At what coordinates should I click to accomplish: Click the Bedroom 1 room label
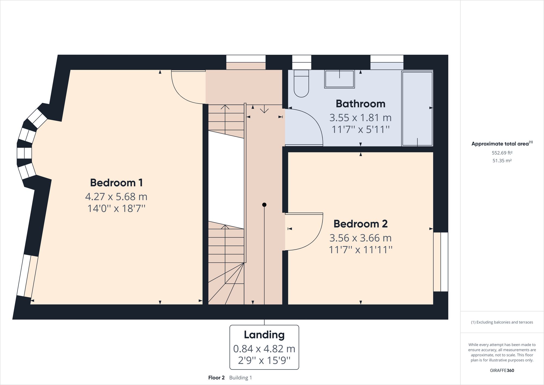click(116, 183)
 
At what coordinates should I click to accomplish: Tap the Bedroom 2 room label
click(360, 224)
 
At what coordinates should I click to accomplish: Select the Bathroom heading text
click(360, 104)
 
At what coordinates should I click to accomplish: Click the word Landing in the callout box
click(264, 335)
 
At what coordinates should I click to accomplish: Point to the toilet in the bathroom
click(301, 84)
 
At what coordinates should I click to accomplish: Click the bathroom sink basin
click(339, 79)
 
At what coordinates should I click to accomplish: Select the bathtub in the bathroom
click(417, 108)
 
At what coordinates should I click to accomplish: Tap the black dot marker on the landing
click(264, 205)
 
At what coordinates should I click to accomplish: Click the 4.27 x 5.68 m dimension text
click(116, 197)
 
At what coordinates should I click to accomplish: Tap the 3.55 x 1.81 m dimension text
click(360, 118)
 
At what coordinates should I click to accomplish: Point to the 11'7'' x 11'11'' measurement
click(360, 250)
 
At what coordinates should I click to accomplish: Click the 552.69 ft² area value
click(502, 153)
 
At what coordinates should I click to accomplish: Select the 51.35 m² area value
click(502, 161)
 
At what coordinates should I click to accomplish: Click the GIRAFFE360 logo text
click(502, 370)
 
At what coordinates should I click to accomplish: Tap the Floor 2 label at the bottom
click(217, 378)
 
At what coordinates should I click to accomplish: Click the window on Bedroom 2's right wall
click(441, 262)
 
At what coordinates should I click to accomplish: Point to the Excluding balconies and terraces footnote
click(502, 322)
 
